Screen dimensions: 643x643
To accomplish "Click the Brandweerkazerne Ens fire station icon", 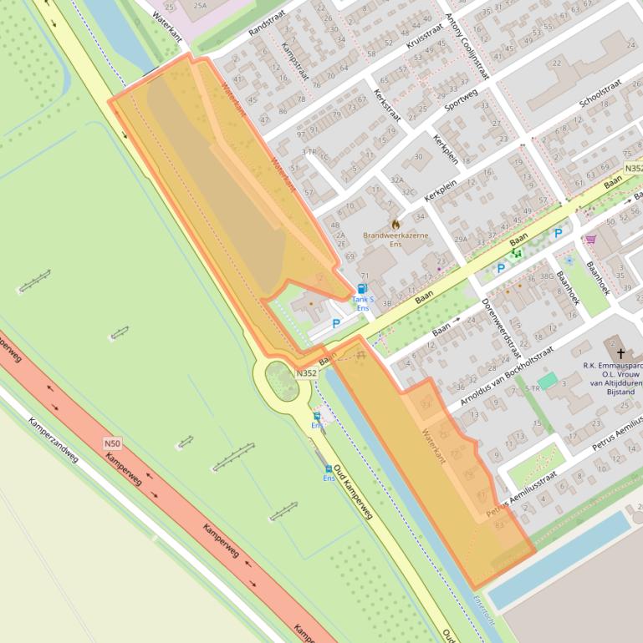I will [x=395, y=224].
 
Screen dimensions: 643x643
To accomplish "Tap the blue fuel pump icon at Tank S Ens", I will [x=362, y=288].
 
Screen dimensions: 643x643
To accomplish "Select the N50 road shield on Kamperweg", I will [x=112, y=443].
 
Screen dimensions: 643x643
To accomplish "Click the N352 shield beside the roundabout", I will [x=306, y=373].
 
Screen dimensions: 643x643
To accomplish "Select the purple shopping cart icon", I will [x=590, y=240].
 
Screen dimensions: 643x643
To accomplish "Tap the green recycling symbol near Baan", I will [x=517, y=252].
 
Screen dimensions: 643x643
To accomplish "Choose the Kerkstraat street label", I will [x=388, y=105].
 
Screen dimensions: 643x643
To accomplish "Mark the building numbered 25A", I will [x=200, y=5].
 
